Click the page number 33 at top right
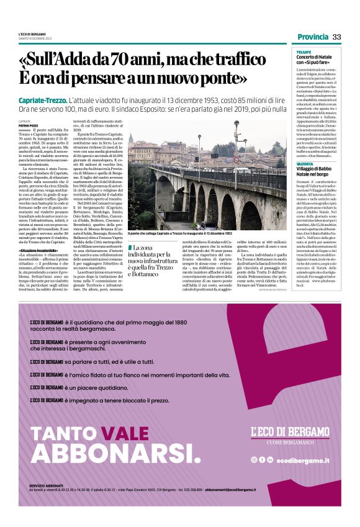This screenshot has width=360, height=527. [336, 37]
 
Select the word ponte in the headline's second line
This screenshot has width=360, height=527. [214, 79]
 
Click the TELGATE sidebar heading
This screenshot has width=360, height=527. [304, 52]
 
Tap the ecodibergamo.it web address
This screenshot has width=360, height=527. [303, 459]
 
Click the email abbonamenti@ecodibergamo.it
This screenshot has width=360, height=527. [292, 490]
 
